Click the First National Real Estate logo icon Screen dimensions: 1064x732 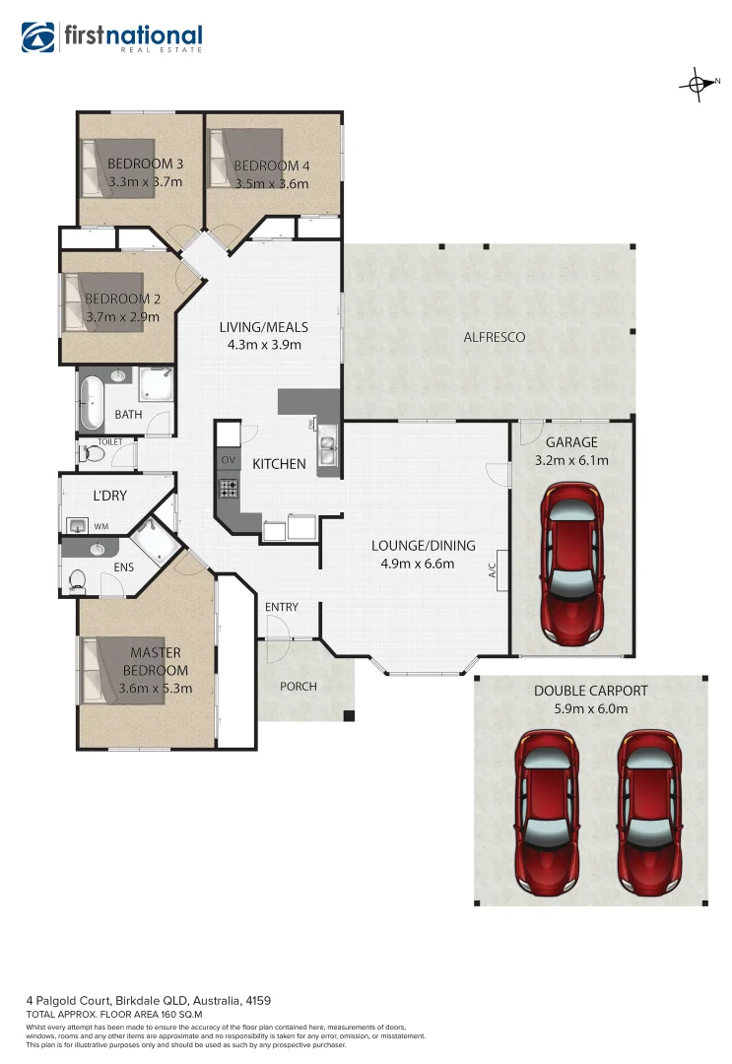(x=39, y=37)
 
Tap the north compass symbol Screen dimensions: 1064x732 (x=697, y=85)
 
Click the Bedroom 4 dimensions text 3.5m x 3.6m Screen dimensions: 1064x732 (x=272, y=183)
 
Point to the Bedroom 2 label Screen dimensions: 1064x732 (x=122, y=299)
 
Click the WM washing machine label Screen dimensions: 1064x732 (x=100, y=527)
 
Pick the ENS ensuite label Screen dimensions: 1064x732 (x=124, y=567)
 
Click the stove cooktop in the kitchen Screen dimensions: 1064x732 (x=229, y=486)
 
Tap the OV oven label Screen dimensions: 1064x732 (x=229, y=460)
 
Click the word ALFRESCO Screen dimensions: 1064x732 (x=495, y=337)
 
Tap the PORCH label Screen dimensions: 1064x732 (x=299, y=686)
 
